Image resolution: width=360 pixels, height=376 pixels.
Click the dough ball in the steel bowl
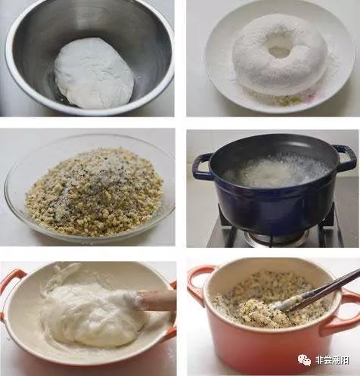click(93, 73)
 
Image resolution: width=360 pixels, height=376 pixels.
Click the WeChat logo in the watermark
click(305, 360)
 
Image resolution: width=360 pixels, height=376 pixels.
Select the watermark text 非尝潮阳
click(332, 360)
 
